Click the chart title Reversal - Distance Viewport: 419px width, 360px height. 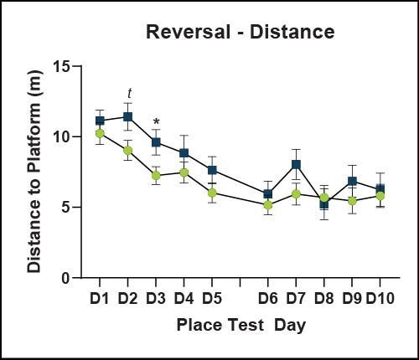[x=240, y=32]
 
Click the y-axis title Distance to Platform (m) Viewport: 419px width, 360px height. [x=34, y=171]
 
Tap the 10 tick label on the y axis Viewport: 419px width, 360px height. [x=63, y=136]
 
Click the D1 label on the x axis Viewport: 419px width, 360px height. [x=100, y=297]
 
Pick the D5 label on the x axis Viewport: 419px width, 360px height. [x=212, y=297]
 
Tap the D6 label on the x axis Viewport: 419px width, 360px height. [x=268, y=297]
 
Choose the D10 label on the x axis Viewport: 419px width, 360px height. [x=380, y=297]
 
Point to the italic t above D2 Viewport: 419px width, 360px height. [x=128, y=94]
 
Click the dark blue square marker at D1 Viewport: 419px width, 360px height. [x=100, y=121]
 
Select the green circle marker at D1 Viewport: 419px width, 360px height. [x=100, y=133]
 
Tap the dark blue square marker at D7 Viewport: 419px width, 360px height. [x=296, y=164]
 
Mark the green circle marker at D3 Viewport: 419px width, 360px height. [x=156, y=175]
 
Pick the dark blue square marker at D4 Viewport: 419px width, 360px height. [x=184, y=153]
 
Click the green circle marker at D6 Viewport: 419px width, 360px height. [x=268, y=205]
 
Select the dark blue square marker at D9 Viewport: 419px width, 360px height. [x=352, y=181]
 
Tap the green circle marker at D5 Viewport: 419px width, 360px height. [x=212, y=193]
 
